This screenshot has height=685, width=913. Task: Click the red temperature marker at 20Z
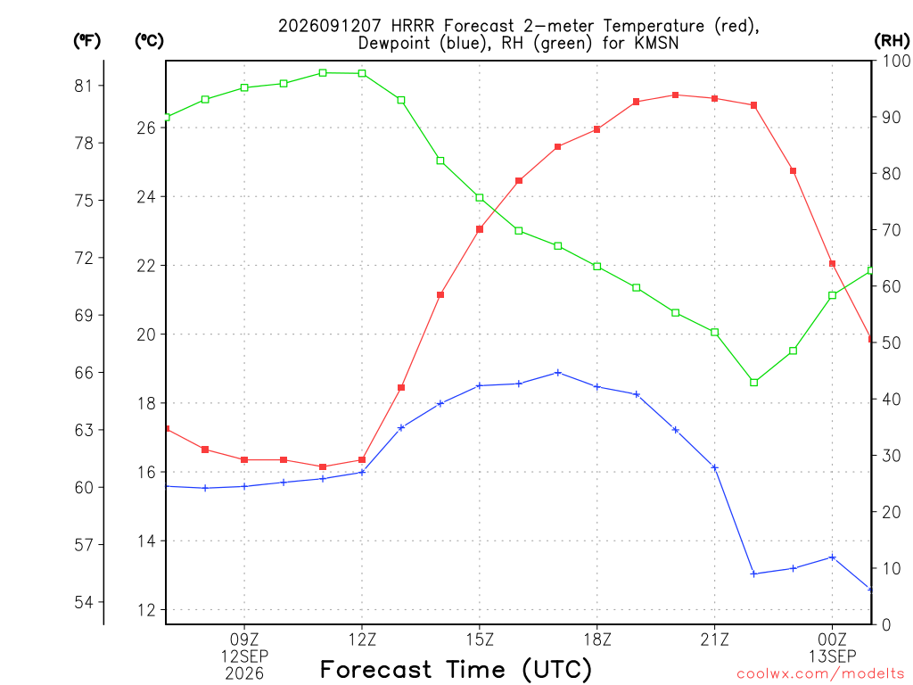click(676, 95)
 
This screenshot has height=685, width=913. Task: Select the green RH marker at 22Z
click(754, 383)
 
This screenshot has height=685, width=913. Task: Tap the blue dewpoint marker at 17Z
click(558, 373)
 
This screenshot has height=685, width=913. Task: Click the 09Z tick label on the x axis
click(244, 640)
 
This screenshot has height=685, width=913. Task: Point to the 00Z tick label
click(832, 640)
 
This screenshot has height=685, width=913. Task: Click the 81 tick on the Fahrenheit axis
click(83, 87)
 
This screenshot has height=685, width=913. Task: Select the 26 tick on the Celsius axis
click(146, 128)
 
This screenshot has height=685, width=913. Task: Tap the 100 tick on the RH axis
click(897, 61)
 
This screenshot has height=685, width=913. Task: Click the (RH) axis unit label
click(892, 40)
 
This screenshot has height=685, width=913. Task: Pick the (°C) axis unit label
click(149, 40)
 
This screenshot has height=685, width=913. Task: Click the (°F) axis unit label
click(86, 40)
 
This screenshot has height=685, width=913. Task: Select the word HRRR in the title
click(412, 26)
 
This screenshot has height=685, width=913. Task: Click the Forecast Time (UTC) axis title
click(456, 669)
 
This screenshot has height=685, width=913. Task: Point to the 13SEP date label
click(832, 656)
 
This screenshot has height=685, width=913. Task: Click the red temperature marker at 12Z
click(362, 460)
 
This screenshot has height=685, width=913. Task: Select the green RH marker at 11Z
click(323, 73)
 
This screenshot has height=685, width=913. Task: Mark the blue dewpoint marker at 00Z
click(833, 557)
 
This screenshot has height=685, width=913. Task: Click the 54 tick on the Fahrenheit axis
click(83, 602)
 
